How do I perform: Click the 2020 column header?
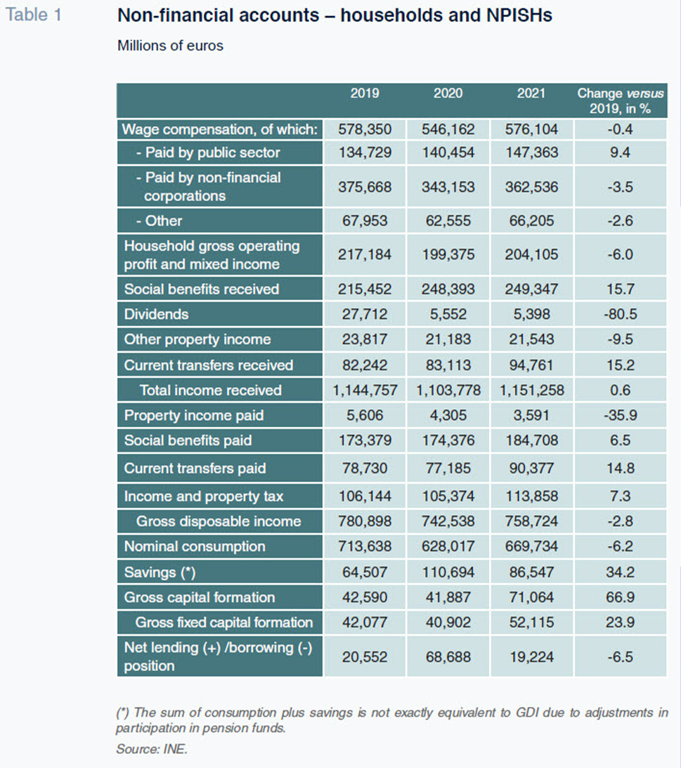448,93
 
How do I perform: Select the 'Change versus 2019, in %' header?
621,100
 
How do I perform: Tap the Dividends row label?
156,314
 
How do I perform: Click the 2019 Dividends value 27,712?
365,314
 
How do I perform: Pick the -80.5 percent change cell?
621,314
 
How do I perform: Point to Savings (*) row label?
160,572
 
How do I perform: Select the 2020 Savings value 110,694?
448,572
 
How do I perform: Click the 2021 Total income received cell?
531,391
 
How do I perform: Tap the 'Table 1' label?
33,15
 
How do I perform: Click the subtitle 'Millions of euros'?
170,46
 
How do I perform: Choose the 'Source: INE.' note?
152,749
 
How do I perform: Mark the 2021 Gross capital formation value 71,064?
531,597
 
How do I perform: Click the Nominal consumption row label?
195,546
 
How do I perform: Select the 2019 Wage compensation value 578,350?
365,129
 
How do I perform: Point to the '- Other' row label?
159,221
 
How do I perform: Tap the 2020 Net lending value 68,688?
448,657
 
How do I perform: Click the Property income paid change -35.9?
621,415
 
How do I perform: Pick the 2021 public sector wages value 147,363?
531,152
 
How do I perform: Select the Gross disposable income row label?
219,521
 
